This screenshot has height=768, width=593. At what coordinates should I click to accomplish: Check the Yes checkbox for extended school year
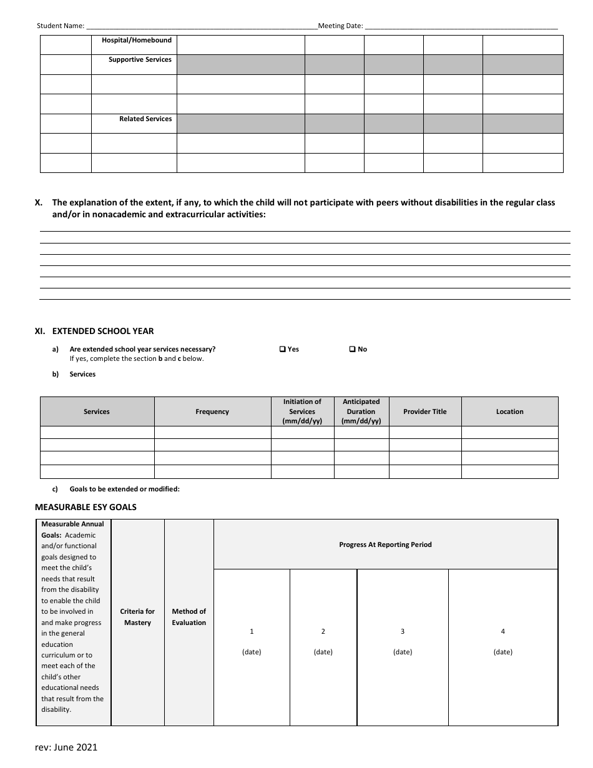pyautogui.click(x=283, y=350)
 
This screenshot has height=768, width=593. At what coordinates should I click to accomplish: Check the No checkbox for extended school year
pyautogui.click(x=352, y=350)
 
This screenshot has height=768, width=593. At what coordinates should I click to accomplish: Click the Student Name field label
pyautogui.click(x=61, y=26)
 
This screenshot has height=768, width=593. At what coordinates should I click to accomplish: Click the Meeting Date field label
pyautogui.click(x=340, y=26)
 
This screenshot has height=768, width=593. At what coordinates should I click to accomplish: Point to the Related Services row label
pyautogui.click(x=145, y=119)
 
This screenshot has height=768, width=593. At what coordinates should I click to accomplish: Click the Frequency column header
pyautogui.click(x=212, y=412)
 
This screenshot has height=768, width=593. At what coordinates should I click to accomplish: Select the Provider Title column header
pyautogui.click(x=425, y=412)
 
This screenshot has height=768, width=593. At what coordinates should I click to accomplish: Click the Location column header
pyautogui.click(x=510, y=412)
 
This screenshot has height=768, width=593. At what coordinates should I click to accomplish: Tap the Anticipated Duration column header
pyautogui.click(x=361, y=411)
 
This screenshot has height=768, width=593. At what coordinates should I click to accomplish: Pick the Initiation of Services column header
pyautogui.click(x=302, y=411)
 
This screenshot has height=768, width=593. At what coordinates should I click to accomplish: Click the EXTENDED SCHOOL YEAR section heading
pyautogui.click(x=103, y=332)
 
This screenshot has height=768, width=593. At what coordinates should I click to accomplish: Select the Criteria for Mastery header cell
pyautogui.click(x=137, y=617)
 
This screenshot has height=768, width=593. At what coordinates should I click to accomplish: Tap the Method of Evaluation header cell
pyautogui.click(x=189, y=617)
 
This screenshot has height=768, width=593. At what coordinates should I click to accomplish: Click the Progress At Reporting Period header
pyautogui.click(x=385, y=544)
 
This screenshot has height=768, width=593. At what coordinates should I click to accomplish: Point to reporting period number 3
pyautogui.click(x=403, y=632)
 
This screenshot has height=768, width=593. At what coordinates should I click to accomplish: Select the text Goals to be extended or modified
pyautogui.click(x=124, y=490)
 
